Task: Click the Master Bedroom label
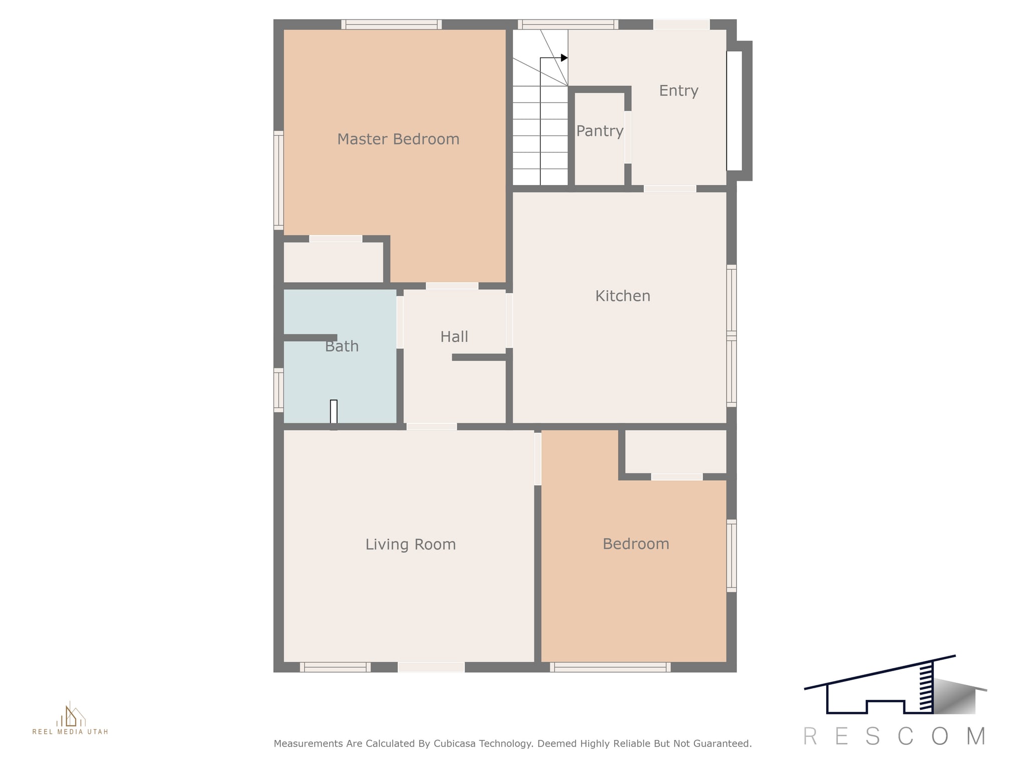click(398, 139)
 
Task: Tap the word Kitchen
click(623, 296)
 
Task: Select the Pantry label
click(600, 131)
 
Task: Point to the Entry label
click(678, 91)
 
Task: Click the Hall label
click(454, 336)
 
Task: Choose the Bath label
click(342, 346)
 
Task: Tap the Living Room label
click(410, 544)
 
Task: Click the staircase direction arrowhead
click(564, 58)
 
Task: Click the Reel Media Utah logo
click(71, 718)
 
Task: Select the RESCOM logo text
click(895, 736)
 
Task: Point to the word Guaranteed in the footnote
click(722, 743)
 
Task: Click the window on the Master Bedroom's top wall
click(391, 25)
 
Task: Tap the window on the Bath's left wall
click(279, 391)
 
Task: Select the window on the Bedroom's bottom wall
click(610, 667)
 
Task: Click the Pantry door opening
click(628, 137)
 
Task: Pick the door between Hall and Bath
click(400, 322)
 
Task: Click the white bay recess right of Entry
click(734, 111)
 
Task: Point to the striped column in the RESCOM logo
click(926, 687)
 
